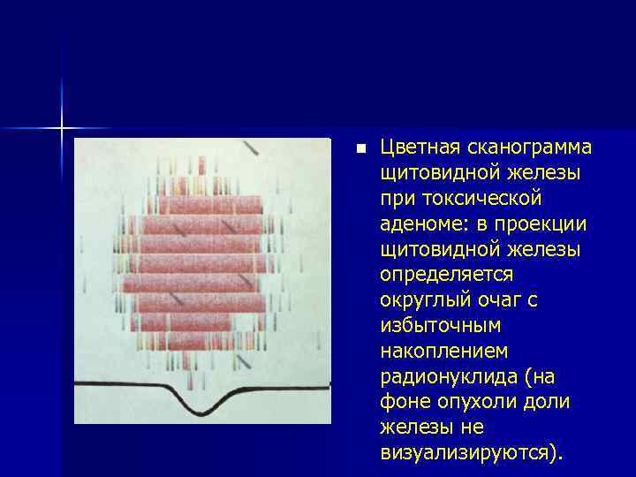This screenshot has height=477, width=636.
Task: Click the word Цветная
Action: tap(419, 147)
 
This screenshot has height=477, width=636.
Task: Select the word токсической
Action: tap(473, 198)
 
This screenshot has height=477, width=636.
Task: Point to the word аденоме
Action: tap(419, 224)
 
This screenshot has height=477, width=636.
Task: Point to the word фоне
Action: tap(402, 403)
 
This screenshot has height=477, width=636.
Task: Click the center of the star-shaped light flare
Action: tap(62, 129)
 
